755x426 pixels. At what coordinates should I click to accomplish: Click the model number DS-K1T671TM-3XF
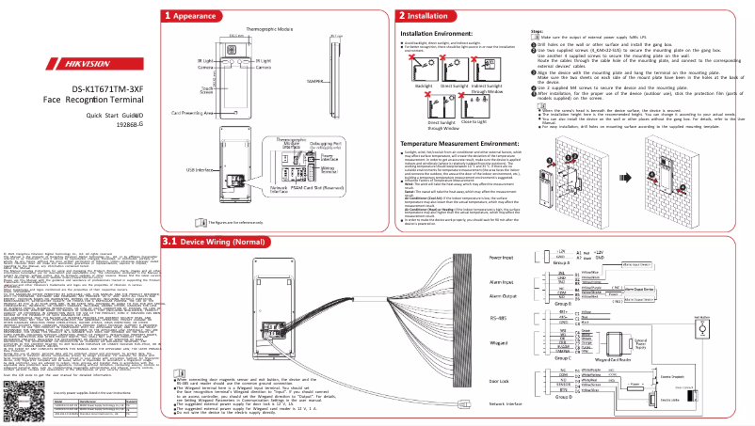[88, 90]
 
